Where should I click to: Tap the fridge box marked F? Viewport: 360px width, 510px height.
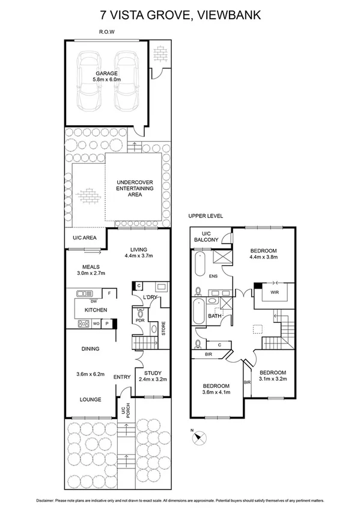click(x=109, y=293)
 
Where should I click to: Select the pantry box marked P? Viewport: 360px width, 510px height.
click(x=107, y=324)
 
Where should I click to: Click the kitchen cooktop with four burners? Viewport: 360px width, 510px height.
click(x=82, y=324)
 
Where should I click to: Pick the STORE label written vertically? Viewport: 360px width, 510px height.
click(x=163, y=330)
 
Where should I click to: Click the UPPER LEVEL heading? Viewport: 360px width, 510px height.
click(x=205, y=215)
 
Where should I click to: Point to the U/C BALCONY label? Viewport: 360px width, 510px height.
click(x=207, y=237)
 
